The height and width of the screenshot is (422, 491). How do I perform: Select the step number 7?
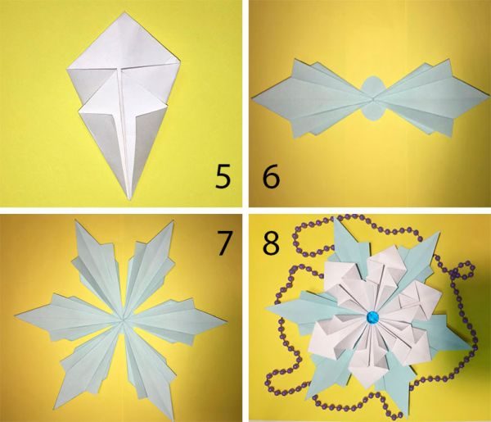pyautogui.click(x=224, y=243)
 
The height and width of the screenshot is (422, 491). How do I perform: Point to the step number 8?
pyautogui.click(x=271, y=243)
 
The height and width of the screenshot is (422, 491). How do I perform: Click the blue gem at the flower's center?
pyautogui.click(x=372, y=317)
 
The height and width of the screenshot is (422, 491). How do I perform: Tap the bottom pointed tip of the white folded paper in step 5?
pyautogui.click(x=129, y=200)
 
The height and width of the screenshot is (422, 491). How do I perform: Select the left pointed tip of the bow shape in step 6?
pyautogui.click(x=252, y=99)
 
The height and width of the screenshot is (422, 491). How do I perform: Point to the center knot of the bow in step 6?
pyautogui.click(x=373, y=100)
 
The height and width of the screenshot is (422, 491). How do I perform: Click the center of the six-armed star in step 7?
pyautogui.click(x=123, y=320)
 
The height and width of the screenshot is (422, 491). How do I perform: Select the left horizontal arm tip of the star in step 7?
pyautogui.click(x=15, y=315)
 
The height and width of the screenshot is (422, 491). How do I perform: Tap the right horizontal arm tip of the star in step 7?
pyautogui.click(x=226, y=320)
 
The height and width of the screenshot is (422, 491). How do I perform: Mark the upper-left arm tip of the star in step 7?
pyautogui.click(x=75, y=221)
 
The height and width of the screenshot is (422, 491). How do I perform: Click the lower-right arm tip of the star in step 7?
pyautogui.click(x=173, y=420)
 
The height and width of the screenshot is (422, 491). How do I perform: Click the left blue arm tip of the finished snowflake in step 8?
pyautogui.click(x=267, y=308)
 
